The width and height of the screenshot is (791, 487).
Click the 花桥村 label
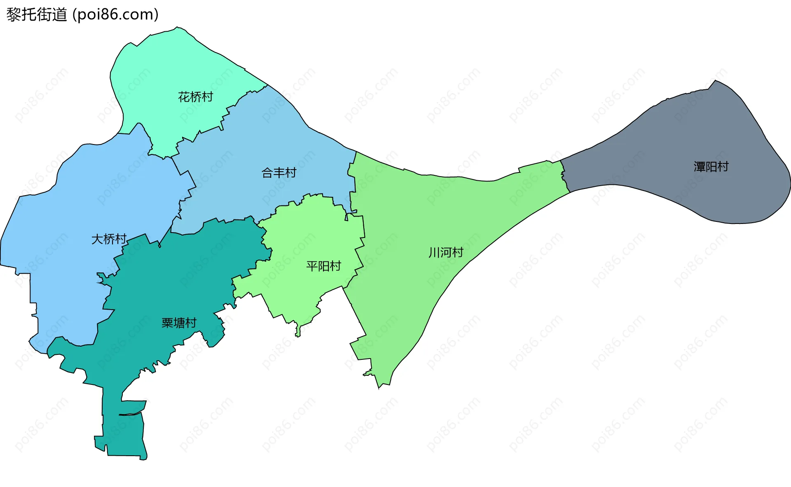click(195, 97)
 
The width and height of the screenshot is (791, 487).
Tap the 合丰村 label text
click(279, 173)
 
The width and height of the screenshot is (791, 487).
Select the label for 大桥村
click(109, 239)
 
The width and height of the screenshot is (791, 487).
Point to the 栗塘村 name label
click(179, 323)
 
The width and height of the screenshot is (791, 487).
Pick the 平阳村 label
click(323, 266)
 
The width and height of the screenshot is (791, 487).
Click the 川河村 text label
click(446, 252)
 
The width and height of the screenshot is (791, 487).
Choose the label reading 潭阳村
click(711, 167)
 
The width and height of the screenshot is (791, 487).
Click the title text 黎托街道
click(37, 15)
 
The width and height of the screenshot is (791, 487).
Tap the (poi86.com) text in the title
click(115, 15)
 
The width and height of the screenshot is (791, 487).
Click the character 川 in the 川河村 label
click(434, 252)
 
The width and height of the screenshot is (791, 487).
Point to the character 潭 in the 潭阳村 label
click(699, 167)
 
